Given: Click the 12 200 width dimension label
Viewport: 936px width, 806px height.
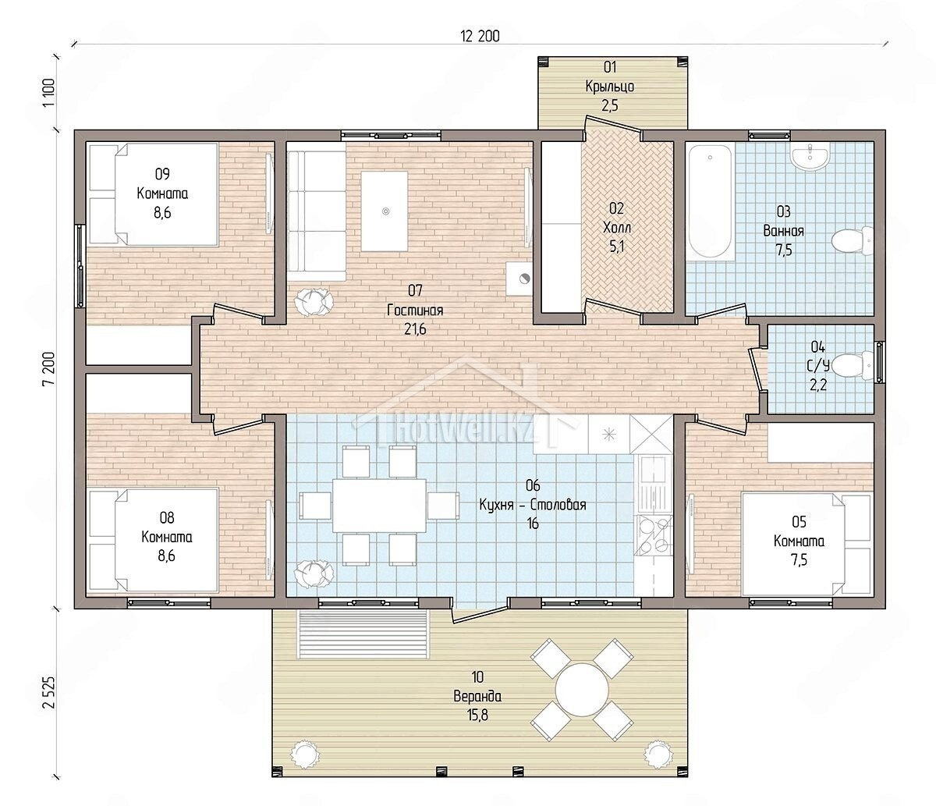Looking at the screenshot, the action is click(x=480, y=36).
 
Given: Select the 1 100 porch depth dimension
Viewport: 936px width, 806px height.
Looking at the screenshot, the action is click(x=49, y=93).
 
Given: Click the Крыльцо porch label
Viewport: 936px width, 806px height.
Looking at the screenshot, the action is click(x=609, y=87).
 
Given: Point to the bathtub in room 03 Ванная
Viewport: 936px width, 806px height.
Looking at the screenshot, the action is click(x=710, y=201).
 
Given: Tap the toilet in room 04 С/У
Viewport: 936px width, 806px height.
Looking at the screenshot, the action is click(x=852, y=366).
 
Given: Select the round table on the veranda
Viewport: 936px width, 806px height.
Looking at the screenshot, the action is click(x=582, y=690).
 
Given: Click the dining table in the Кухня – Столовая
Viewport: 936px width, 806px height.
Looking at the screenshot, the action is click(x=380, y=506).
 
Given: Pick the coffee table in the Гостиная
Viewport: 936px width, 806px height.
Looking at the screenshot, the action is click(x=385, y=211).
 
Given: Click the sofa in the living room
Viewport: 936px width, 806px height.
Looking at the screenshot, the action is click(x=316, y=211).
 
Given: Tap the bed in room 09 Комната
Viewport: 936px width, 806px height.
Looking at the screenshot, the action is click(x=154, y=195).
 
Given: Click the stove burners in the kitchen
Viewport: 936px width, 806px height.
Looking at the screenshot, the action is click(x=654, y=535).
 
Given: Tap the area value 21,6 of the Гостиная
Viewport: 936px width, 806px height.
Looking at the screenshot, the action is click(x=415, y=329).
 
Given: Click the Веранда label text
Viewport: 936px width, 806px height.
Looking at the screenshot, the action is click(x=477, y=696).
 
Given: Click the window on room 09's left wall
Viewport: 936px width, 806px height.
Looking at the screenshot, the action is click(x=80, y=266).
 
